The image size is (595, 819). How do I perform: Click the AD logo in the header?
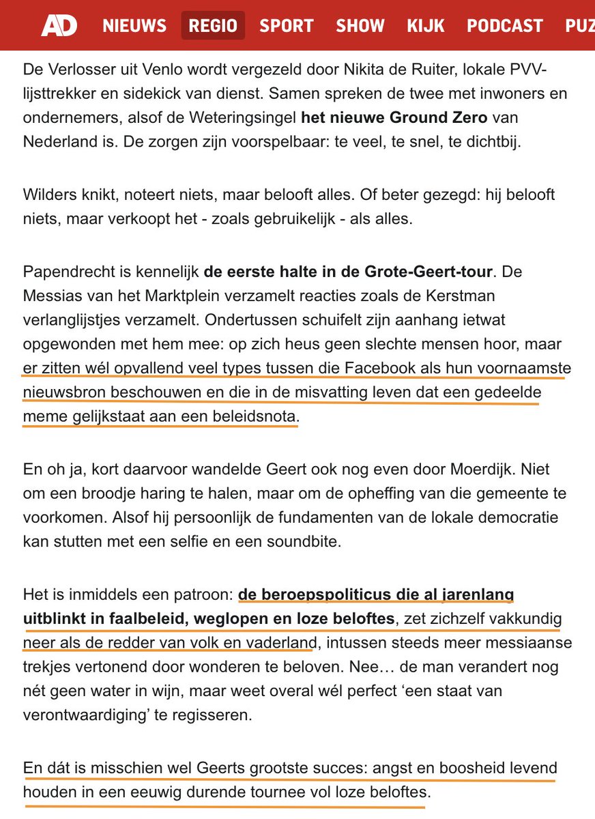(x=59, y=26)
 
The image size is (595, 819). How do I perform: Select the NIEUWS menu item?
(x=134, y=26)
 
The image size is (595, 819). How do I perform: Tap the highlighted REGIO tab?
(x=213, y=26)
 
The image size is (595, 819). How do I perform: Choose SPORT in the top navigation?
(x=287, y=26)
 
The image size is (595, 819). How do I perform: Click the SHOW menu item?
(x=360, y=26)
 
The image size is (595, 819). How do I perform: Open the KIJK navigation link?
(x=426, y=26)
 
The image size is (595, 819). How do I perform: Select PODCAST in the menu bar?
(x=505, y=26)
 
